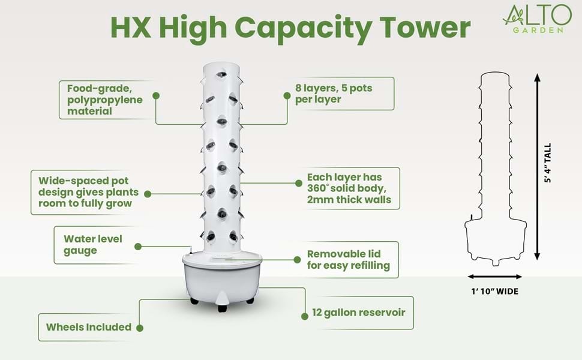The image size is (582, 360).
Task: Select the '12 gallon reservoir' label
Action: (x=359, y=313)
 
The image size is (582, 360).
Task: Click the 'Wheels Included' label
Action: (x=89, y=327)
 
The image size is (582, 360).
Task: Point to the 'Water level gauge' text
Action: (x=92, y=245)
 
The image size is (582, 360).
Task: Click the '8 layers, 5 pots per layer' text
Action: (x=334, y=94)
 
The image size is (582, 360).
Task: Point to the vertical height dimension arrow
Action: (x=537, y=168)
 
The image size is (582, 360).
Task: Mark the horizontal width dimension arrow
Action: (x=496, y=277)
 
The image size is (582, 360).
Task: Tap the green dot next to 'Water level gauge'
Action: (x=138, y=246)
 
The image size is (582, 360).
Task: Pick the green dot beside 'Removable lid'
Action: (x=295, y=259)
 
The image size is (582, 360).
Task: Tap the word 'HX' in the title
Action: (x=134, y=28)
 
